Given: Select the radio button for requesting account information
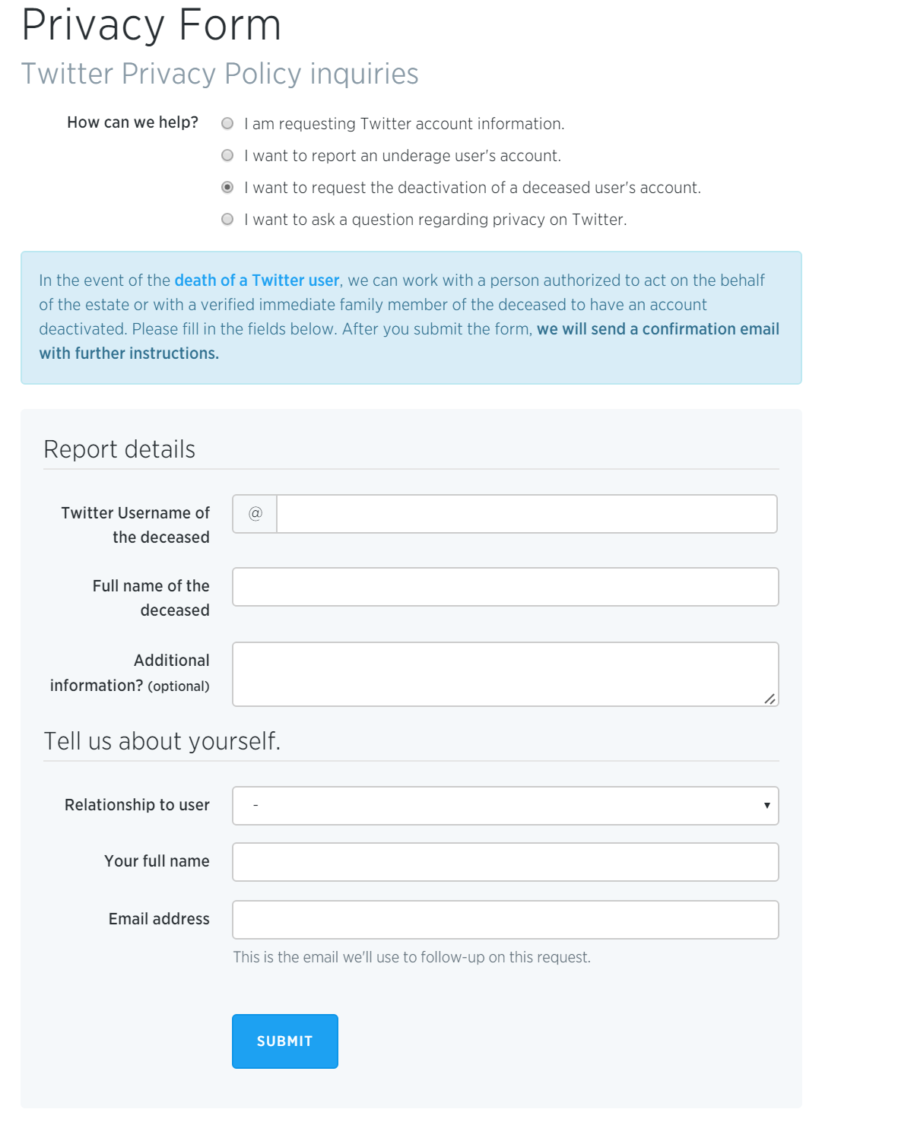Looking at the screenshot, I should tap(227, 123).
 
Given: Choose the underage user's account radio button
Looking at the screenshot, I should tap(227, 155).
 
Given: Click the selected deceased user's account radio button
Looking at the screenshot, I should tap(227, 187).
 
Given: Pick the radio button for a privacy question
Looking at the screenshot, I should tap(227, 219).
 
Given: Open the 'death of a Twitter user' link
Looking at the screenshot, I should tap(256, 280).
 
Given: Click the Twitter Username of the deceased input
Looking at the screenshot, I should tap(526, 514).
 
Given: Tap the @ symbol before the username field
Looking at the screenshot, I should tap(255, 514).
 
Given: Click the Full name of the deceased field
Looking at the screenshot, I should tap(505, 587).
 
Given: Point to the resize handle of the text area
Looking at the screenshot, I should tap(770, 699).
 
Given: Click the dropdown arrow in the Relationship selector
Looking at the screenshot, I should tap(766, 806).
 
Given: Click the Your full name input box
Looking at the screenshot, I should tap(505, 862).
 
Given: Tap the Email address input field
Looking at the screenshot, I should tap(505, 920).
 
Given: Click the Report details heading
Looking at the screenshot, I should tap(119, 449).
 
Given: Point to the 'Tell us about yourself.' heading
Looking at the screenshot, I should tap(162, 741).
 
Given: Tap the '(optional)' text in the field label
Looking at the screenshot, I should tap(179, 686).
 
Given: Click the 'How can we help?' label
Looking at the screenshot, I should tap(132, 122).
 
